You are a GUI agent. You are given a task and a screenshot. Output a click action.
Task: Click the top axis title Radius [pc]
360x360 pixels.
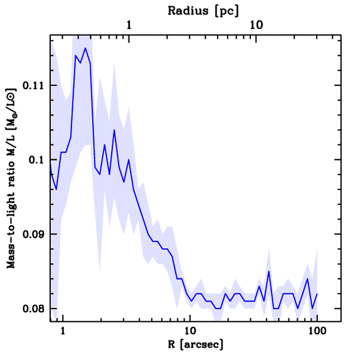point(203,11)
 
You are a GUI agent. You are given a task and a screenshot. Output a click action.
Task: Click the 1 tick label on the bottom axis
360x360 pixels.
point(63,330)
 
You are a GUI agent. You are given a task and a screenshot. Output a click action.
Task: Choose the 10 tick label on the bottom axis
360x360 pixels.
point(190,330)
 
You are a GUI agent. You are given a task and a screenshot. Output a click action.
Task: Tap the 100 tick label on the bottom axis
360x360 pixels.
point(317,330)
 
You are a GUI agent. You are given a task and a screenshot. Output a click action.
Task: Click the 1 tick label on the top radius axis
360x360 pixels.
point(129,26)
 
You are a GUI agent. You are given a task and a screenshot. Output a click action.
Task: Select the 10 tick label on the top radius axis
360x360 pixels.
point(256,26)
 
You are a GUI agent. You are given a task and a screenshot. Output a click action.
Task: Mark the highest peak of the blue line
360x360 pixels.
point(85,48)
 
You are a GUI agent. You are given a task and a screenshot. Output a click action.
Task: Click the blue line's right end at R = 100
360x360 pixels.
point(317,294)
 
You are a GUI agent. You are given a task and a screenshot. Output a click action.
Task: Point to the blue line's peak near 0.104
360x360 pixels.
point(114,130)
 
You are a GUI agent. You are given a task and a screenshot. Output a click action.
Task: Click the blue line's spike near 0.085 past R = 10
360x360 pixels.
point(269,271)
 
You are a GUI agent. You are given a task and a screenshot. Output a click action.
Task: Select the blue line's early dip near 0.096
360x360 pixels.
point(56,189)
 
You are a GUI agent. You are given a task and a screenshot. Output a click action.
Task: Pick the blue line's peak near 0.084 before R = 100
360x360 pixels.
point(307,279)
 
